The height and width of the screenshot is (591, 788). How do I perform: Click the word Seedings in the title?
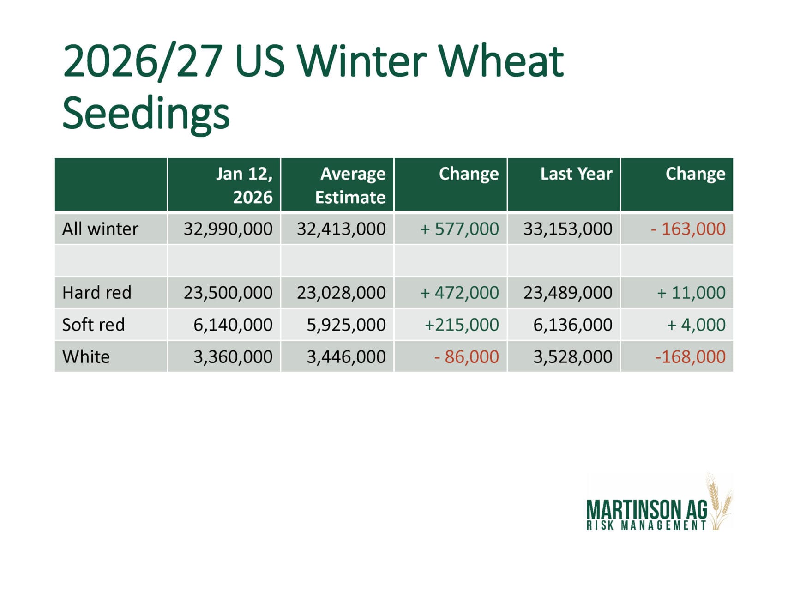tap(146, 114)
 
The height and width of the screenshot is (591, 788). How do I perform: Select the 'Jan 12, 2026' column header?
tap(244, 185)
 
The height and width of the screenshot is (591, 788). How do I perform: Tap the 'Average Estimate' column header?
tap(350, 185)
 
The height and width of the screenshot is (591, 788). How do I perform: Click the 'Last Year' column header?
tap(576, 174)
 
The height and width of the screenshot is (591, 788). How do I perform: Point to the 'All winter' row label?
tap(100, 229)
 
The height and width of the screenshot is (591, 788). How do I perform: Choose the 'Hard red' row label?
tap(97, 292)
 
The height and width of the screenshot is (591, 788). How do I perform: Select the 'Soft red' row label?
tap(94, 325)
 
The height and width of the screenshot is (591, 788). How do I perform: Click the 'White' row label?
tap(86, 356)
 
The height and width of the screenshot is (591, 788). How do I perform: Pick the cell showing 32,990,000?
tap(228, 229)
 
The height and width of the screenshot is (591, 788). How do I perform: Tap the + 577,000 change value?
tap(459, 229)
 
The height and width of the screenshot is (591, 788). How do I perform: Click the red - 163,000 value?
tap(688, 229)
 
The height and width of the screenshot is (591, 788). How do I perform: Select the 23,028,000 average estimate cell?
tap(341, 293)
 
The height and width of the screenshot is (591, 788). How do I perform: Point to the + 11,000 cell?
tap(691, 293)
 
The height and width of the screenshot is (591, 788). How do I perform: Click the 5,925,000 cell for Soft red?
tap(346, 325)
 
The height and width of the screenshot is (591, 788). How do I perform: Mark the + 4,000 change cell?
tap(696, 325)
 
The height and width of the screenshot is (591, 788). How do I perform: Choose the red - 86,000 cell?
tap(466, 357)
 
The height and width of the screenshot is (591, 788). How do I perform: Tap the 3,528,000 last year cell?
tap(573, 357)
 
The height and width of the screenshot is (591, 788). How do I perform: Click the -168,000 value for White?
tap(690, 357)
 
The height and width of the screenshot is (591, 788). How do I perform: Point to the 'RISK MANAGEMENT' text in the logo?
tap(646, 525)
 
